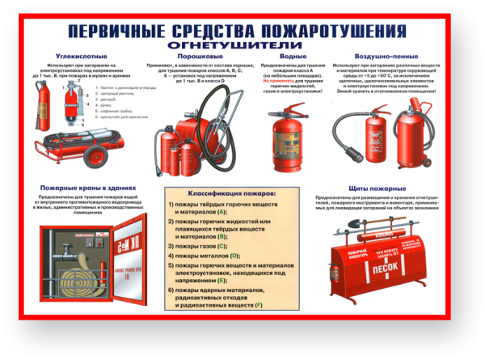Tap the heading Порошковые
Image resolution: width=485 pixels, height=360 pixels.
click(x=184, y=56)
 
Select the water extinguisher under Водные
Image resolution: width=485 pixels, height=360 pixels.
click(x=284, y=133)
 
